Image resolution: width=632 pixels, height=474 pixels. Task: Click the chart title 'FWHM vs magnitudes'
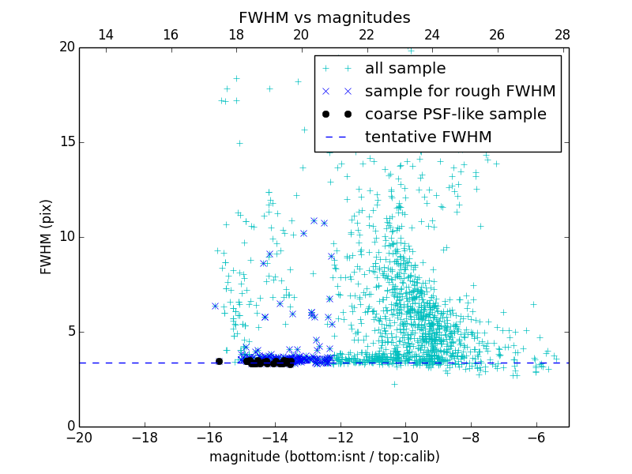(x=324, y=17)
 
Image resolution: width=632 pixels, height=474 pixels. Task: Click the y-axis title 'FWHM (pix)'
(x=47, y=236)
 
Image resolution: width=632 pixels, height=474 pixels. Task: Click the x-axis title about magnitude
(x=324, y=457)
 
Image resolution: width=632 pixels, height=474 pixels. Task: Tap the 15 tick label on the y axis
(x=66, y=142)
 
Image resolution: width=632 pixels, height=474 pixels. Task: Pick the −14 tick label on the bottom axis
(x=275, y=437)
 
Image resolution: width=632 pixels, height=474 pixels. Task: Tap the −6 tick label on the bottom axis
(x=536, y=437)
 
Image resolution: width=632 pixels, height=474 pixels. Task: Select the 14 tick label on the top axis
(x=105, y=35)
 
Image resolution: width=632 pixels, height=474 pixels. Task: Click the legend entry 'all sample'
(x=405, y=69)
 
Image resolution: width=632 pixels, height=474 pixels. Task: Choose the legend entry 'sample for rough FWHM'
(x=460, y=91)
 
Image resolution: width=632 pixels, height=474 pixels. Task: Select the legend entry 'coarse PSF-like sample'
(x=455, y=114)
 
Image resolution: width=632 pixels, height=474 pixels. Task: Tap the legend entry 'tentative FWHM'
(x=427, y=137)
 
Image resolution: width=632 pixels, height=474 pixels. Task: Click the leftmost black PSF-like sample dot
(x=219, y=361)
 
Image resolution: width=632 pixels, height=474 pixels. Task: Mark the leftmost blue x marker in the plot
(x=215, y=306)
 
